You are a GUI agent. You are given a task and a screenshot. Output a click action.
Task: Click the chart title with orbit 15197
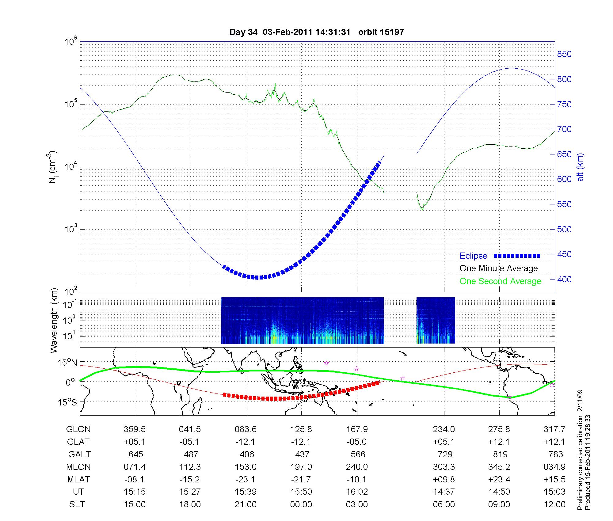pyautogui.click(x=317, y=32)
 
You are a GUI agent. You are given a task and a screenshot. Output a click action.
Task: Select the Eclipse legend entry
pyautogui.click(x=473, y=256)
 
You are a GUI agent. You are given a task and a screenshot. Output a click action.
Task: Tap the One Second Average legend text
pyautogui.click(x=500, y=281)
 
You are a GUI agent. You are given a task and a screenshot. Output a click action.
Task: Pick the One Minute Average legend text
pyautogui.click(x=499, y=268)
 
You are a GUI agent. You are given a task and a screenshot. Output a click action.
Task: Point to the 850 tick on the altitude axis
pyautogui.click(x=564, y=54)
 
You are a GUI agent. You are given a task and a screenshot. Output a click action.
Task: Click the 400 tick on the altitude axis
pyautogui.click(x=564, y=279)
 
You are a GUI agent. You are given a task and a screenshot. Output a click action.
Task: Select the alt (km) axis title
pyautogui.click(x=580, y=167)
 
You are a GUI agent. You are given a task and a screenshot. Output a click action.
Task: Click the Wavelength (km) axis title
pyautogui.click(x=54, y=321)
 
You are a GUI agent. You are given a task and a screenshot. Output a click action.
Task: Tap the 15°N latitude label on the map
pyautogui.click(x=67, y=363)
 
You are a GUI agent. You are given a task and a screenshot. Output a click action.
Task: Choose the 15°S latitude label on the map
pyautogui.click(x=67, y=402)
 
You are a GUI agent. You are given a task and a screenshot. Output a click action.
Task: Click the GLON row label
pyautogui.click(x=78, y=429)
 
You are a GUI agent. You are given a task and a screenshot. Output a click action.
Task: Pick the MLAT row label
pyautogui.click(x=78, y=479)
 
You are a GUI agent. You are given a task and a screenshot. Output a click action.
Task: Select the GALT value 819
pyautogui.click(x=500, y=454)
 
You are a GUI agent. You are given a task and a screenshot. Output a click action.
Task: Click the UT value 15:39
pyautogui.click(x=246, y=492)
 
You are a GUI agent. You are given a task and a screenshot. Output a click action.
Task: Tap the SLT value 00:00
pyautogui.click(x=301, y=504)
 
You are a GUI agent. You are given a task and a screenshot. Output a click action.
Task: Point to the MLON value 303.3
pyautogui.click(x=444, y=467)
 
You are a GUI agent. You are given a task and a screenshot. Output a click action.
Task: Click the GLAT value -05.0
pyautogui.click(x=357, y=442)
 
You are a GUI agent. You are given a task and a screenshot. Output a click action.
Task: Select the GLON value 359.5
pyautogui.click(x=135, y=429)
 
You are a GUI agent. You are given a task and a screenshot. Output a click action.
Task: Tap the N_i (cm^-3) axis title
pyautogui.click(x=53, y=167)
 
